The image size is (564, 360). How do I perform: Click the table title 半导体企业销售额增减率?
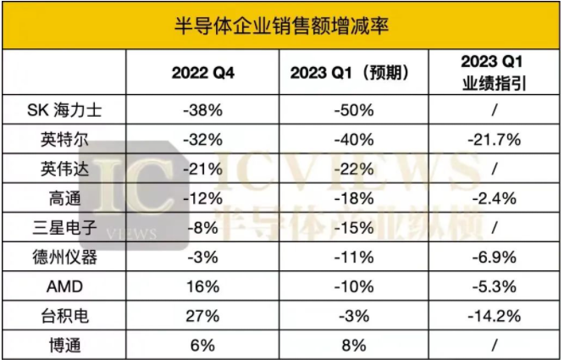click(x=282, y=24)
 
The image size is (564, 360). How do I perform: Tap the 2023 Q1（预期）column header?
click(x=357, y=73)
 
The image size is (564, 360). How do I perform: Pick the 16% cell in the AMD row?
click(x=204, y=286)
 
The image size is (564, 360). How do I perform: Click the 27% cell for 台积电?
click(x=204, y=315)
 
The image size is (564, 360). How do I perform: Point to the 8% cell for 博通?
click(x=357, y=344)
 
